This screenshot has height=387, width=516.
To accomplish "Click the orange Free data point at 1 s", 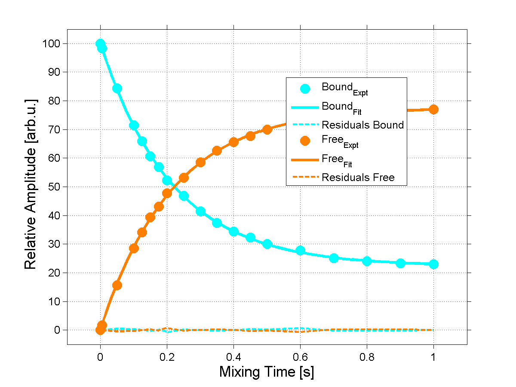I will pyautogui.click(x=433, y=109).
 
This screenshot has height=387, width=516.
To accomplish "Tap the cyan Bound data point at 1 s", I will pyautogui.click(x=433, y=264).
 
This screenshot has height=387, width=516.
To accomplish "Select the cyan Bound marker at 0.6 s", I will pyautogui.click(x=300, y=251).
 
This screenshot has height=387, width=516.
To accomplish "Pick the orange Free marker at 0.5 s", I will pyautogui.click(x=267, y=129).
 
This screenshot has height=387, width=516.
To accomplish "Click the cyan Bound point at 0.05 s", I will pyautogui.click(x=117, y=89).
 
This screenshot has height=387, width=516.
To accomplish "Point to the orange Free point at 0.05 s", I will pyautogui.click(x=117, y=285).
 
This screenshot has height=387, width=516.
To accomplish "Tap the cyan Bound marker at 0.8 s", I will pyautogui.click(x=367, y=261).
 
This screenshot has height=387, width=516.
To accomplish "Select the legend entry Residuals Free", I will pyautogui.click(x=358, y=177).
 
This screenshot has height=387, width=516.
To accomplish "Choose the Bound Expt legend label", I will pyautogui.click(x=344, y=88).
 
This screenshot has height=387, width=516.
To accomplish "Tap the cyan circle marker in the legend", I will pyautogui.click(x=305, y=89).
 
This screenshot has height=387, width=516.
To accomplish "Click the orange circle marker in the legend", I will pyautogui.click(x=305, y=141).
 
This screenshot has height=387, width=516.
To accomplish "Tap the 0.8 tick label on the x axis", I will pyautogui.click(x=367, y=356).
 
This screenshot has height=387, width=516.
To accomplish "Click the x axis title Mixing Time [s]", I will pyautogui.click(x=267, y=372).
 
